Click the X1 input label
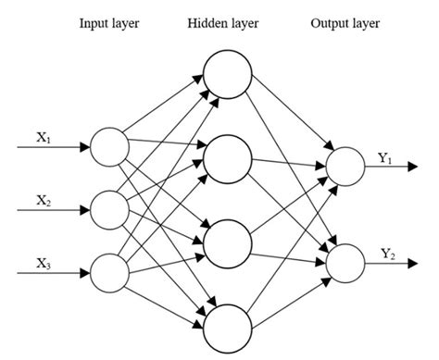pos(44,137)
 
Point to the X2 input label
pos(44,199)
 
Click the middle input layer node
pos(108,209)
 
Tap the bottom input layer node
pos(108,272)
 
